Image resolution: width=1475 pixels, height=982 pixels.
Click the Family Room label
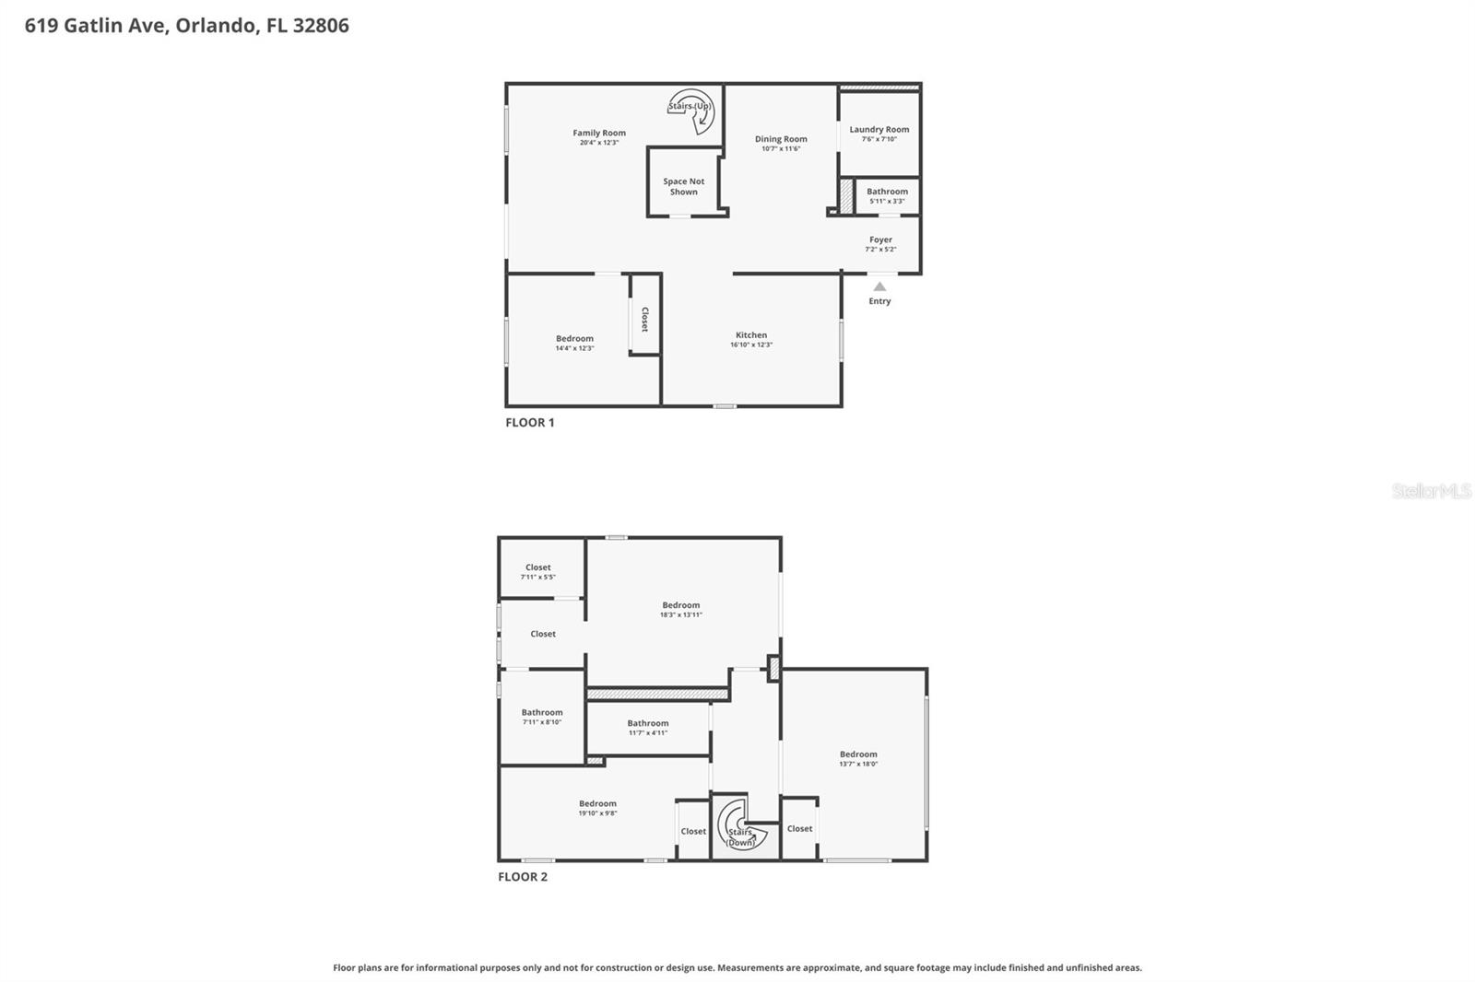pyautogui.click(x=599, y=133)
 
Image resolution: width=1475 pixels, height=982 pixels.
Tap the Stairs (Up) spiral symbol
pyautogui.click(x=691, y=109)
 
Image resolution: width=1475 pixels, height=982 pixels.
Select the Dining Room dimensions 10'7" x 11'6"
pyautogui.click(x=781, y=149)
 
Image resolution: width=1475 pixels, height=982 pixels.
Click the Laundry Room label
pyautogui.click(x=879, y=129)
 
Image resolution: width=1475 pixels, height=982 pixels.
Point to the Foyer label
pyautogui.click(x=880, y=240)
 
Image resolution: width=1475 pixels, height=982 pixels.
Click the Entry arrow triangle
pyautogui.click(x=879, y=286)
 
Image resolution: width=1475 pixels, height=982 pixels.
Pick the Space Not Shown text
pyautogui.click(x=684, y=187)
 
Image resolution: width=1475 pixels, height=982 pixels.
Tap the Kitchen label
pyautogui.click(x=751, y=335)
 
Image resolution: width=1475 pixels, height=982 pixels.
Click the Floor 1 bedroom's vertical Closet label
pyautogui.click(x=644, y=319)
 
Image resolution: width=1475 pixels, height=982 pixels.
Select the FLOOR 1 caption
pyautogui.click(x=529, y=423)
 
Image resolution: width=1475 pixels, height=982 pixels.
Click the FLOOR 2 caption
pyautogui.click(x=523, y=877)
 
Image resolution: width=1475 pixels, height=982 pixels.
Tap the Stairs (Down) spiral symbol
pyautogui.click(x=740, y=824)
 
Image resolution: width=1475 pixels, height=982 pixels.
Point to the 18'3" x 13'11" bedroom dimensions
pyautogui.click(x=680, y=615)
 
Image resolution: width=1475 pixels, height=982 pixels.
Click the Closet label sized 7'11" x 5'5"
pyautogui.click(x=538, y=567)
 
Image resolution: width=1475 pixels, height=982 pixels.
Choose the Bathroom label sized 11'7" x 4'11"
pyautogui.click(x=648, y=723)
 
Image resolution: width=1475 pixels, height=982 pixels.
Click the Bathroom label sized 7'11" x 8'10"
pyautogui.click(x=542, y=712)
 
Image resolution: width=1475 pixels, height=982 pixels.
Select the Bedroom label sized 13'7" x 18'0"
pyautogui.click(x=858, y=754)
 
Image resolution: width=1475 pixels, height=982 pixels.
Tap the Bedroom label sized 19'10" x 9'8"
pyautogui.click(x=597, y=803)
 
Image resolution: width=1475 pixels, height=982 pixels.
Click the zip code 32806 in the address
pyautogui.click(x=321, y=26)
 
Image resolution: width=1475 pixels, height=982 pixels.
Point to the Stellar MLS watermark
pyautogui.click(x=1431, y=491)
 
